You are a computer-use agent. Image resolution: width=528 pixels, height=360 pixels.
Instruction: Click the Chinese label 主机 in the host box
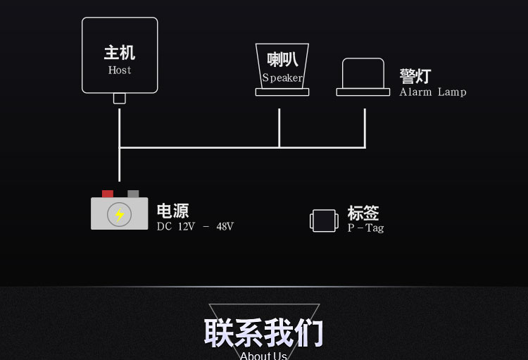click(120, 53)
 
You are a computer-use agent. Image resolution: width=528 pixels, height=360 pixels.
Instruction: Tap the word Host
click(120, 70)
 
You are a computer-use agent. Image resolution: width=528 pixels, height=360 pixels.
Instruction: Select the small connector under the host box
click(120, 99)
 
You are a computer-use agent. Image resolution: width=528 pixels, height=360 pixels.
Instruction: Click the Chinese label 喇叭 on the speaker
click(282, 60)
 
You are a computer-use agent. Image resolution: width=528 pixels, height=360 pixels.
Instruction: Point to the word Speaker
click(282, 78)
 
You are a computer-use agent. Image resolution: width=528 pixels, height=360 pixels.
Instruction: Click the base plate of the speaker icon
click(282, 92)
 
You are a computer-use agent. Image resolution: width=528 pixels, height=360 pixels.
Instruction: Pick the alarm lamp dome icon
click(363, 73)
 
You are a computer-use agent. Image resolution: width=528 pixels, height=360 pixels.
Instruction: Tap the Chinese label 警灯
click(415, 76)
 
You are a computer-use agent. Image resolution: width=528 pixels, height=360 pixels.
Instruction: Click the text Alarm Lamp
click(433, 92)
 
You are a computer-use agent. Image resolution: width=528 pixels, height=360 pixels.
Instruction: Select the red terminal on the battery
click(108, 194)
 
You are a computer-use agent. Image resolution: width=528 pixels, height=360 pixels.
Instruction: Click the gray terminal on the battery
click(133, 194)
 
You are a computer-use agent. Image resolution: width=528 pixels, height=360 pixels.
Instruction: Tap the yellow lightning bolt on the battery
click(120, 214)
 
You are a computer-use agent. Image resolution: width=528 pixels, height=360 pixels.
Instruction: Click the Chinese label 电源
click(172, 211)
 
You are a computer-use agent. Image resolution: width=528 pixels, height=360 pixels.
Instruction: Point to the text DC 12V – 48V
click(195, 227)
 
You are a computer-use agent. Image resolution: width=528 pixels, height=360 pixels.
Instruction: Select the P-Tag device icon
click(324, 221)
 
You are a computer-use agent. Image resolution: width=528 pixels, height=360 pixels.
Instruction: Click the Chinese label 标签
click(363, 213)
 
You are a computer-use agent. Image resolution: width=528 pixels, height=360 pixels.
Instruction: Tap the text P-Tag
click(365, 228)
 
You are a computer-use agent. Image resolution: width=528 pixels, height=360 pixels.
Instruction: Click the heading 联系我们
click(263, 333)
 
